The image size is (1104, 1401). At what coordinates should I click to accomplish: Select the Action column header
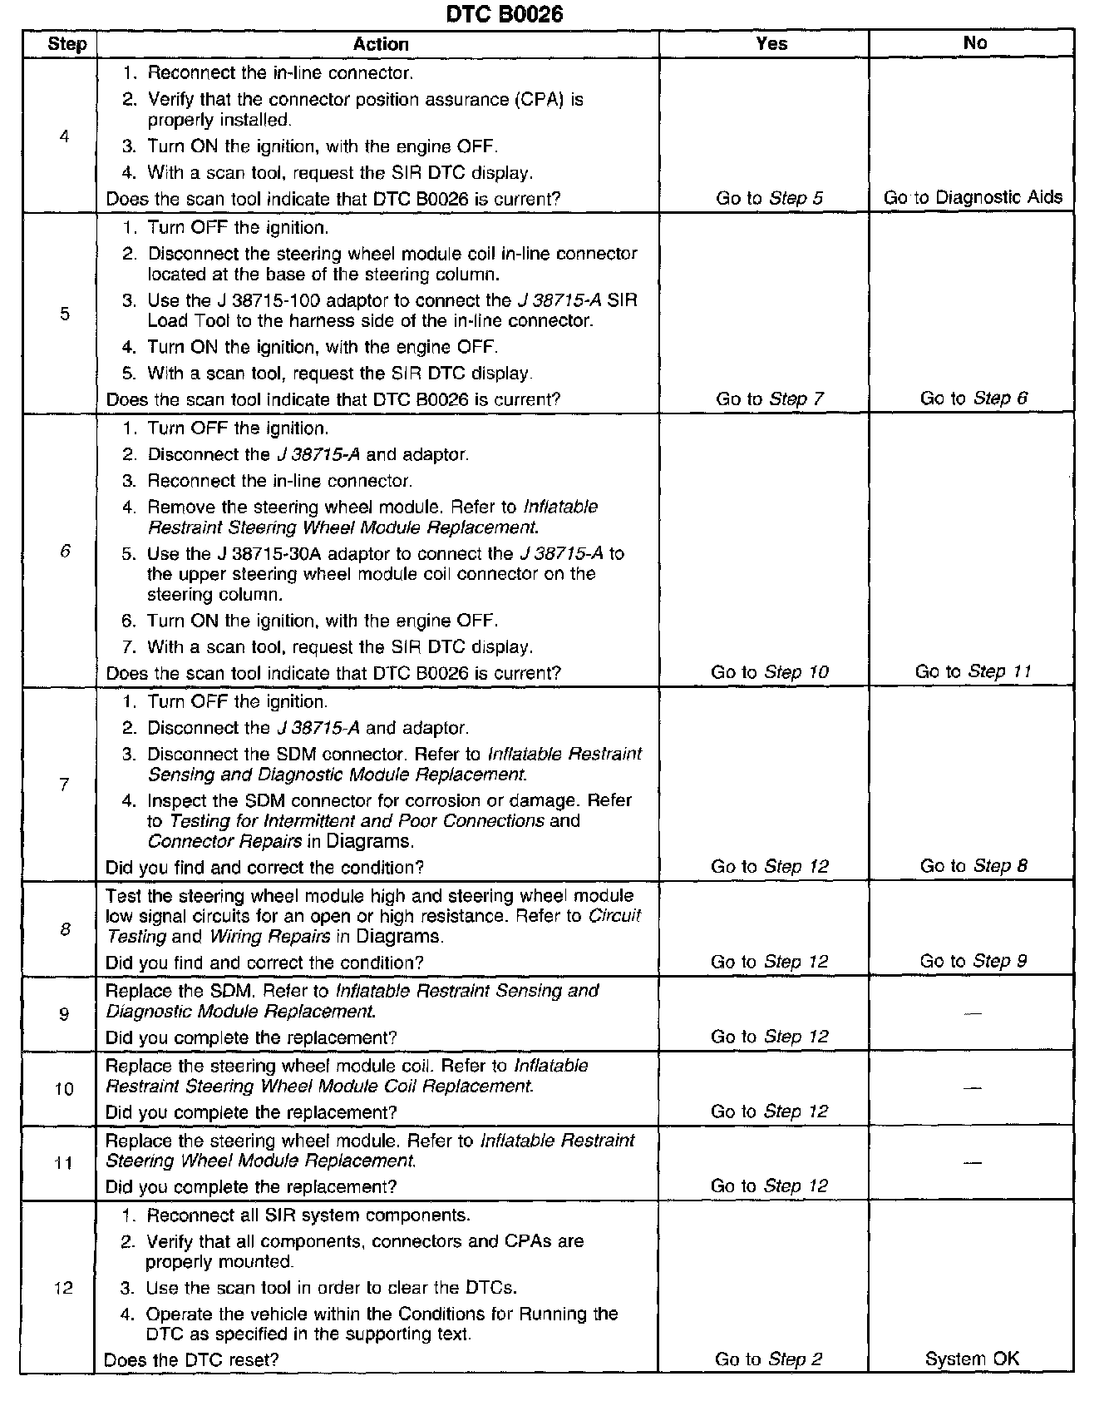tap(381, 44)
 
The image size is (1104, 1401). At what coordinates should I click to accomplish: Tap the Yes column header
tap(771, 43)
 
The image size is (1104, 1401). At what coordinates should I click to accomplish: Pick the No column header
tap(974, 43)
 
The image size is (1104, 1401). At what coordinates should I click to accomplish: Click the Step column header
tap(67, 44)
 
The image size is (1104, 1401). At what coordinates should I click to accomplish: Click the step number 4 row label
tap(65, 136)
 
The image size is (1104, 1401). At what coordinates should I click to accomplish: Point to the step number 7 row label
tap(64, 785)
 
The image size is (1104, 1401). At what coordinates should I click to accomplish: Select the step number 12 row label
tap(63, 1289)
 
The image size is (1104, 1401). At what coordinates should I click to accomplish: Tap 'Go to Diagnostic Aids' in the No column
tap(973, 198)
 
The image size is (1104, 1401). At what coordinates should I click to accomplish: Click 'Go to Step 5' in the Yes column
tap(769, 198)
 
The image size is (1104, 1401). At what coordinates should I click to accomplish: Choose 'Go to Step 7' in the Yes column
tap(769, 399)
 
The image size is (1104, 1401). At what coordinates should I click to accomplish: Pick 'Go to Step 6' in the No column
tap(973, 399)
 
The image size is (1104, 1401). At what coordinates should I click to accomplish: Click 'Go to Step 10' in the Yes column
tap(769, 672)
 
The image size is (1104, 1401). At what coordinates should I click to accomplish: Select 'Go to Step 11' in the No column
tap(973, 671)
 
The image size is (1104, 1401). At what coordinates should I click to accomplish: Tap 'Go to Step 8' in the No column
tap(973, 866)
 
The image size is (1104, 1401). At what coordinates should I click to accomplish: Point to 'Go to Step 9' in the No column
tap(973, 961)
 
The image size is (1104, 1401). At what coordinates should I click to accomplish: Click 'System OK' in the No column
tap(972, 1359)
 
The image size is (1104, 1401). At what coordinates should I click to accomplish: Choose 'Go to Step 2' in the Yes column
tap(768, 1359)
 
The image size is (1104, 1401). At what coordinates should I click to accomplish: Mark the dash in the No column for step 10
tap(973, 1088)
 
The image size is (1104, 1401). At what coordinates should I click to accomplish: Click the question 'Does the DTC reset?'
tap(191, 1360)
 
